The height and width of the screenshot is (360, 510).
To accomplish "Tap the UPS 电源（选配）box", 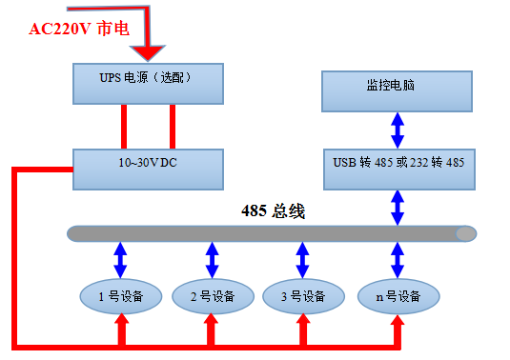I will coord(148,83).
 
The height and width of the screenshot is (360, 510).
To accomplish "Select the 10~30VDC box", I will coord(148,166).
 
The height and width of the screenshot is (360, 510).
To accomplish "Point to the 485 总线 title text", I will coord(273,211).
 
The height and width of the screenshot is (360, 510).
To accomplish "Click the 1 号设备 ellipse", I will coord(121,296).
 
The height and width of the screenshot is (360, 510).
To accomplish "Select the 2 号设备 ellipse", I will coord(212,296).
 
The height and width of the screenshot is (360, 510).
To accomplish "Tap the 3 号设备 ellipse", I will coord(302,296).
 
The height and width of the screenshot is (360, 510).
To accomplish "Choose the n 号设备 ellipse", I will coord(398,296).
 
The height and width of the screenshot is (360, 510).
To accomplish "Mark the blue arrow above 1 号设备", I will coord(121,259).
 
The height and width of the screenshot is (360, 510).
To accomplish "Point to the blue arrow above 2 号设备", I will coord(212,259).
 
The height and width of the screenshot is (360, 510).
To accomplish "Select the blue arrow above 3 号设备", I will coord(302,259).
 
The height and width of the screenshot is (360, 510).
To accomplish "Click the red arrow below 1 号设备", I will coord(121,329).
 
